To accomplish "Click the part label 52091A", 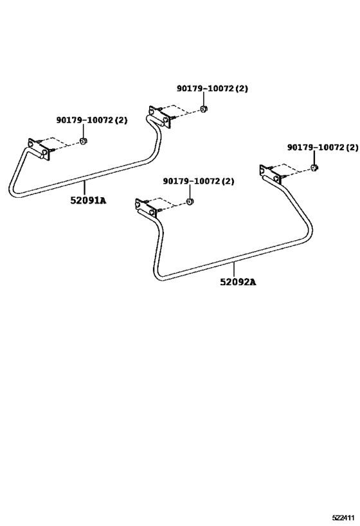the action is point(88,200).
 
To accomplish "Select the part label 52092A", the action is point(238,282).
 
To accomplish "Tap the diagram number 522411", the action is point(343,517).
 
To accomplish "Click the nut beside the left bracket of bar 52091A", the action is point(83,141).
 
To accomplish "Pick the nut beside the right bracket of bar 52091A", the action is point(203,109).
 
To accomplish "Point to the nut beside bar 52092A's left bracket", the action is point(190,202).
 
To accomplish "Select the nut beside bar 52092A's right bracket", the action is point(314,167).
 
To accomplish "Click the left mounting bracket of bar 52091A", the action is point(39,148).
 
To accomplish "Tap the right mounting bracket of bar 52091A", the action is point(160,117).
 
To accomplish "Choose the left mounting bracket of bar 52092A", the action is point(147,209).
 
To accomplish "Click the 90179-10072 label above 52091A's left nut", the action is point(92,120).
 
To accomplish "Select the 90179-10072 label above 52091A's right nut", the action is point(212,89).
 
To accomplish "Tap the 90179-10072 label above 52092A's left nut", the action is point(199,181).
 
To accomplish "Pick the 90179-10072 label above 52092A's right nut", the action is point(322,147).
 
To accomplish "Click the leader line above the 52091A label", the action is point(84,188).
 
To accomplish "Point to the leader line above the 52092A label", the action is point(234,270).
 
